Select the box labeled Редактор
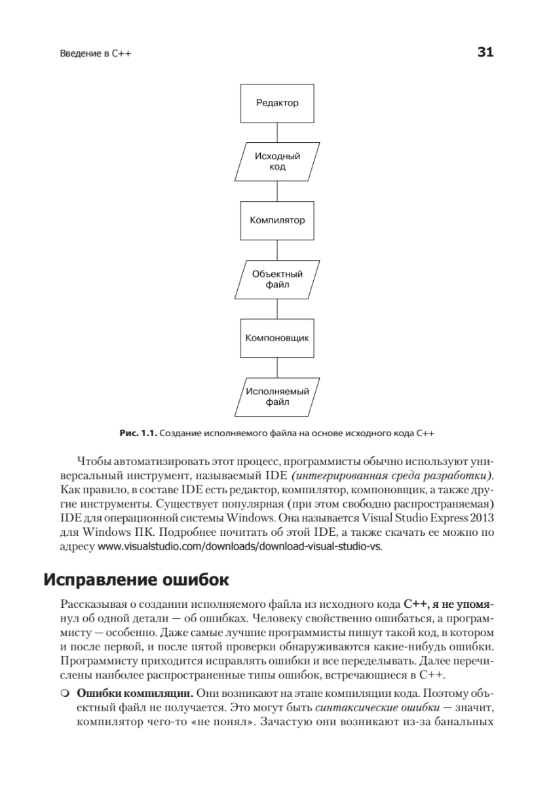(277, 103)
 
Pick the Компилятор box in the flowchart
(277, 221)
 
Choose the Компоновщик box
(277, 339)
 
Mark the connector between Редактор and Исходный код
(277, 132)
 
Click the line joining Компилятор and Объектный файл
(277, 250)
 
